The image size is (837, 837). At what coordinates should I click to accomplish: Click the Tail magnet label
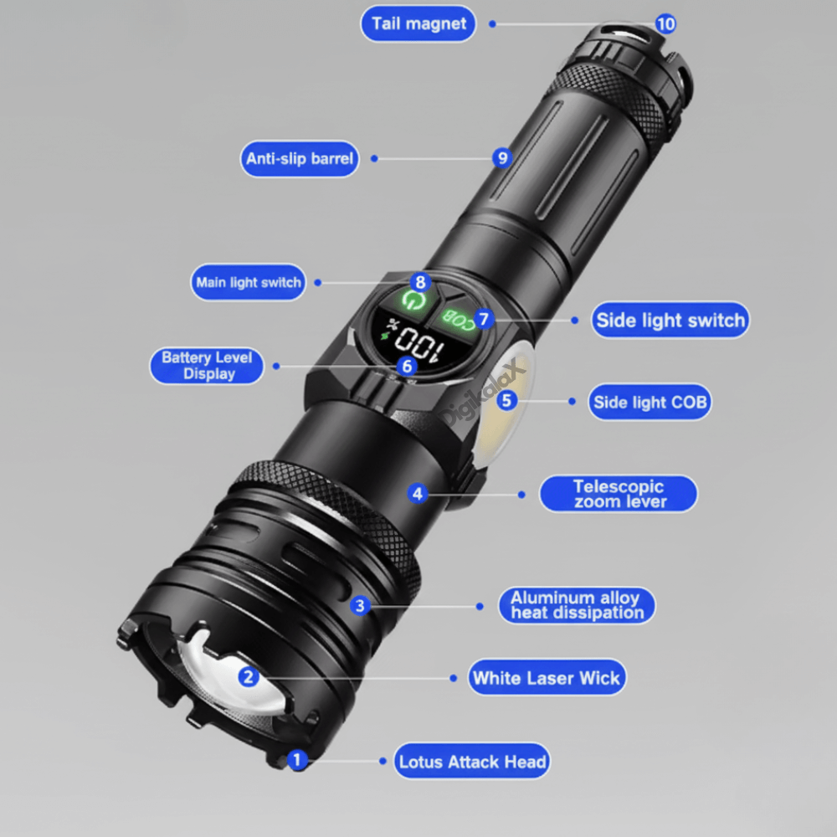pos(418,23)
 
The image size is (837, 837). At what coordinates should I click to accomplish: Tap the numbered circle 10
pos(665,24)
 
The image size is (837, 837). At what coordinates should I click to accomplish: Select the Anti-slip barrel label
pos(300,159)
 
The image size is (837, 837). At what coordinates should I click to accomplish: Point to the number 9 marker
pos(501,157)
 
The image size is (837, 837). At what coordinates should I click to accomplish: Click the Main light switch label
pos(249,283)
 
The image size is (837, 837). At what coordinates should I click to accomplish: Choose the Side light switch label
pos(670,321)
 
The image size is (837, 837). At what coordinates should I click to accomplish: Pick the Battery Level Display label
pos(207,366)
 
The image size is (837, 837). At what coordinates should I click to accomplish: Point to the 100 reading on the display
pos(416,341)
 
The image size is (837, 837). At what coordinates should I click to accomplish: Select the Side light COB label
pos(650,403)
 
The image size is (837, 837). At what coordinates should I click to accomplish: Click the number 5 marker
pos(507,400)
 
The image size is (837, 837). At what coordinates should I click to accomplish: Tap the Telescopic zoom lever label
pos(619,494)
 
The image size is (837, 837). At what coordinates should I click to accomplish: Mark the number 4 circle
pos(418,494)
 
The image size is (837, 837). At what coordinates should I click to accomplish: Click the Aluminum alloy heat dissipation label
pos(577,605)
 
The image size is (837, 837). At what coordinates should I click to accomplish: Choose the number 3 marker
pos(360,605)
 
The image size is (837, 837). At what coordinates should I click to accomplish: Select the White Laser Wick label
pos(547,678)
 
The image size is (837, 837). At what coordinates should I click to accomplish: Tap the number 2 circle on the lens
pos(248,677)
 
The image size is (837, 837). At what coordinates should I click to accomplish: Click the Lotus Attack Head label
pos(472,762)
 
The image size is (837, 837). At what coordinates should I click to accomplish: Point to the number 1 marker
pos(296,760)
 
